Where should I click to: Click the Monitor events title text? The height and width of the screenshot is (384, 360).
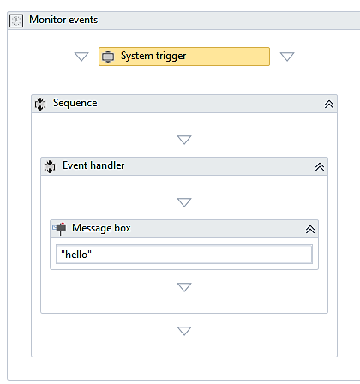[x=63, y=20]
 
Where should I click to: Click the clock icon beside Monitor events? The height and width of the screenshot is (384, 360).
[x=16, y=21]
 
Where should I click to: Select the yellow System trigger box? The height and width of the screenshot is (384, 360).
[x=184, y=57]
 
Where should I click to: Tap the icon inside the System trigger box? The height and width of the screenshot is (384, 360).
[x=108, y=57]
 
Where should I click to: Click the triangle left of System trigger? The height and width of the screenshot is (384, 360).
[x=81, y=57]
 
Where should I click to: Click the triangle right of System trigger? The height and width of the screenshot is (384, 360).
[x=287, y=57]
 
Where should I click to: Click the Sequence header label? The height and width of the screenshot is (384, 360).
[x=75, y=103]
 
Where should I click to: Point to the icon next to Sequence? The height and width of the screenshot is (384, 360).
[x=40, y=104]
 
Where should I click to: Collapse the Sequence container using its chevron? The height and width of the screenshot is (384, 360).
[x=329, y=105]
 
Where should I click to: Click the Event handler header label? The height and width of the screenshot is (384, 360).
[x=93, y=165]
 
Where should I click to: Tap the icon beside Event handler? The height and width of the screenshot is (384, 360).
[x=50, y=166]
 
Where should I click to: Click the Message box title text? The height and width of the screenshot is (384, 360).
[x=101, y=228]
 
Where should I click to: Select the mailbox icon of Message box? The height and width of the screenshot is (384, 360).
[x=59, y=229]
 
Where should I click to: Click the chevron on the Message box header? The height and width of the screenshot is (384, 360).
[x=310, y=230]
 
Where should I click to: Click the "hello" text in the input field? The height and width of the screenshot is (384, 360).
[x=76, y=255]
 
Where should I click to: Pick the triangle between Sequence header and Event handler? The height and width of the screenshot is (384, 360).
[x=184, y=140]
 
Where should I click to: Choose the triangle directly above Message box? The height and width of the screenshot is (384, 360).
[x=184, y=202]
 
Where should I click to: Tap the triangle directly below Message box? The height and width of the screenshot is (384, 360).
[x=184, y=287]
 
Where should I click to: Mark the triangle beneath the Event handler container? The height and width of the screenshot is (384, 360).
[x=184, y=331]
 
